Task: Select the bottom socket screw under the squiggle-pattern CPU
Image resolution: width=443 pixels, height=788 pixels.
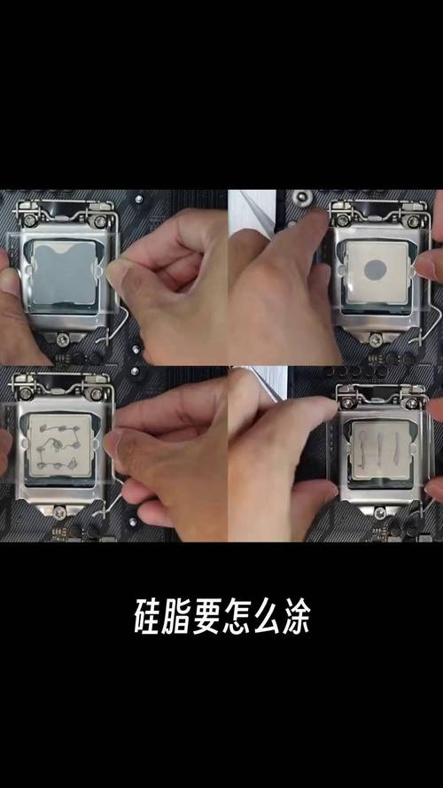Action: [x=58, y=511]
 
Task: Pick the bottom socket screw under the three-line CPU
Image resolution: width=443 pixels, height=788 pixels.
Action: [x=378, y=512]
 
